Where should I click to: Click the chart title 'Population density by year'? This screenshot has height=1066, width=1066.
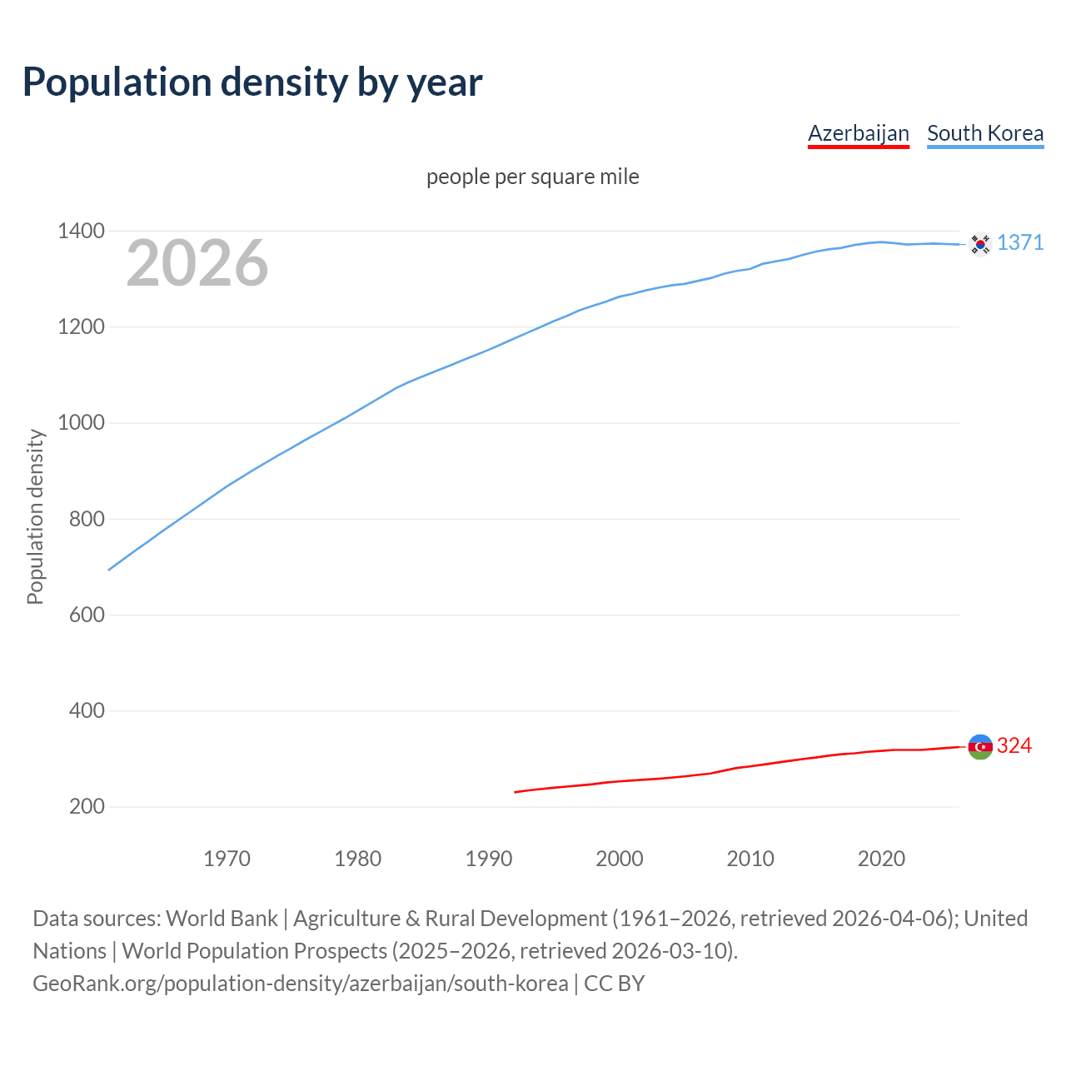pyautogui.click(x=252, y=82)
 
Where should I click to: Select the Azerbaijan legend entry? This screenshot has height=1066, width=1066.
pyautogui.click(x=858, y=133)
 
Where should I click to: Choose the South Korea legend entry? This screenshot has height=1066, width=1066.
pyautogui.click(x=984, y=133)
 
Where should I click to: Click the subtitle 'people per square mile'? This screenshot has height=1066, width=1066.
pyautogui.click(x=532, y=177)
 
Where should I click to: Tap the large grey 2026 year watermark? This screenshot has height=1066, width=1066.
pyautogui.click(x=197, y=263)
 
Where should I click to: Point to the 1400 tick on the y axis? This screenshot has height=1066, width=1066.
pyautogui.click(x=81, y=232)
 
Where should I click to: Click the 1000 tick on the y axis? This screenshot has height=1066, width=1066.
pyautogui.click(x=81, y=423)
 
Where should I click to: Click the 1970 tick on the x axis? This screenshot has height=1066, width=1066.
pyautogui.click(x=227, y=859)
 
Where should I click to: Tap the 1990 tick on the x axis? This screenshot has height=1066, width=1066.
pyautogui.click(x=489, y=859)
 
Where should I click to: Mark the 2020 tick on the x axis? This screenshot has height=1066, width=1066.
pyautogui.click(x=881, y=859)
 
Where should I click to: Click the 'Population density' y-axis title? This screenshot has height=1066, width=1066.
pyautogui.click(x=35, y=516)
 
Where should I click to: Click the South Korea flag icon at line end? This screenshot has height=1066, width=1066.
pyautogui.click(x=980, y=244)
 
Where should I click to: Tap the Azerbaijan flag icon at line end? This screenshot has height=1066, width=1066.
pyautogui.click(x=980, y=747)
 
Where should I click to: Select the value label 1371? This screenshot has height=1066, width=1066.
pyautogui.click(x=1020, y=243)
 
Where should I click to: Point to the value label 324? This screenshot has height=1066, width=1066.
pyautogui.click(x=1014, y=746)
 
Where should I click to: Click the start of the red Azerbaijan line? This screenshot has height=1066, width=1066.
pyautogui.click(x=516, y=792)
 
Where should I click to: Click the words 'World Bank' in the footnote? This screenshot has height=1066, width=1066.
pyautogui.click(x=222, y=919)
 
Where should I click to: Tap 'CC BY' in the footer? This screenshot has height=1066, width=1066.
pyautogui.click(x=614, y=984)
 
